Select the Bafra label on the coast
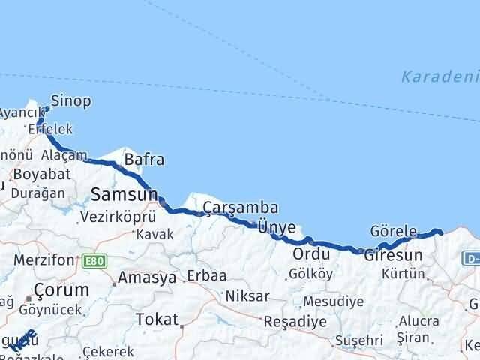[144, 160]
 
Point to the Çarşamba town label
[241, 208]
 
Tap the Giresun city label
[393, 255]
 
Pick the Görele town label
[393, 230]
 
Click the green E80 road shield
[95, 260]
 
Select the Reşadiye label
[295, 321]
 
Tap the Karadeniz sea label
[439, 76]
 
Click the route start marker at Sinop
[46, 109]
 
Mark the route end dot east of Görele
[440, 232]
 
